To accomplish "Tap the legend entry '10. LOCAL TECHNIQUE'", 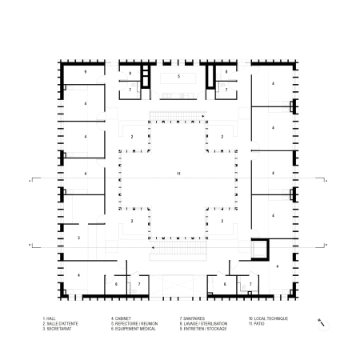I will pyautogui.click(x=265, y=319).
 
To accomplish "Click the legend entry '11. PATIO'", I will pyautogui.click(x=256, y=324).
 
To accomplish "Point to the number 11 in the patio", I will pyautogui.click(x=179, y=174).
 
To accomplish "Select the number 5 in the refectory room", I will pyautogui.click(x=179, y=77).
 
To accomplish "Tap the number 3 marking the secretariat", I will pyautogui.click(x=78, y=238).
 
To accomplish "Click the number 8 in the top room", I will pyautogui.click(x=226, y=72).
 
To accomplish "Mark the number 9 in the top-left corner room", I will pyautogui.click(x=84, y=72).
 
